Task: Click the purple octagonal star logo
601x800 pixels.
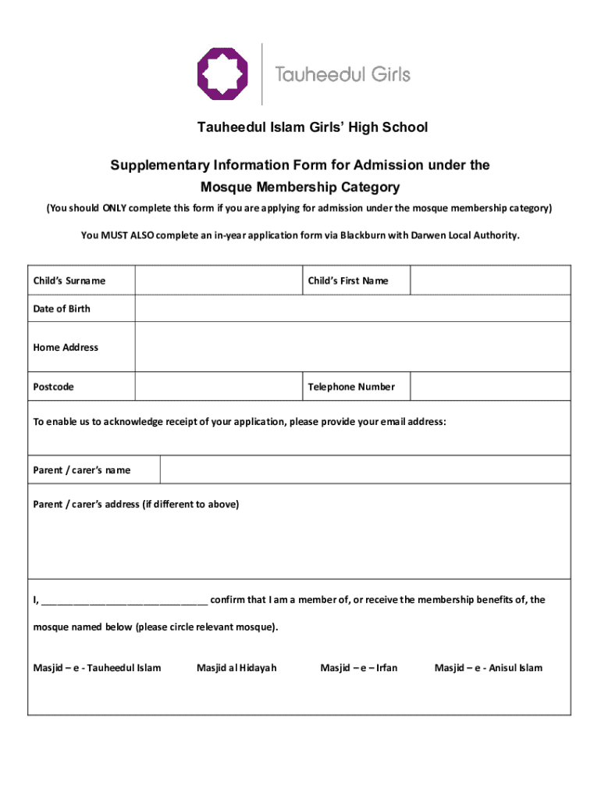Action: [222, 74]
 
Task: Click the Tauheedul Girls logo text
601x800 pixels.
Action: [343, 75]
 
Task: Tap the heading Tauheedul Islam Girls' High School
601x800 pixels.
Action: [300, 127]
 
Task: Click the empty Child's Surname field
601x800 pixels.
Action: [218, 280]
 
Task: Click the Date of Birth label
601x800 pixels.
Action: [62, 309]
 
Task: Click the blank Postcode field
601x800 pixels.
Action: [218, 387]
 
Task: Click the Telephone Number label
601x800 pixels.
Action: [351, 387]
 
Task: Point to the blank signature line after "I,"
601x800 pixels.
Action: [124, 601]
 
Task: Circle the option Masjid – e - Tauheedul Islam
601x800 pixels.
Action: [97, 668]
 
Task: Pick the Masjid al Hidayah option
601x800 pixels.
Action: [236, 668]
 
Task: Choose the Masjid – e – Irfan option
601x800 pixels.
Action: [359, 668]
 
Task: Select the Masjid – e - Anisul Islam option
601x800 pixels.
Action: [489, 668]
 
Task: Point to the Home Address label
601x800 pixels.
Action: [66, 348]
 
